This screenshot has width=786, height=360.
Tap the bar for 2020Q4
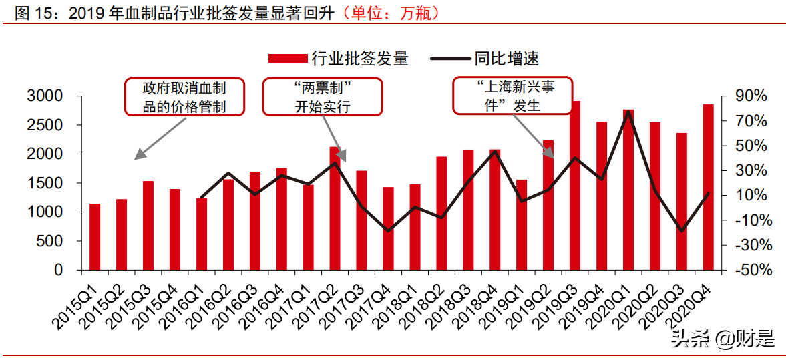[x=708, y=187]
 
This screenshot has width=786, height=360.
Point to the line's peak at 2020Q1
[x=628, y=112]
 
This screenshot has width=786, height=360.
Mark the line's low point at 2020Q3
[x=681, y=231]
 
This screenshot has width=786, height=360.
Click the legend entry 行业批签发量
[x=338, y=59]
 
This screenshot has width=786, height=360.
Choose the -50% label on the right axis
[x=753, y=271]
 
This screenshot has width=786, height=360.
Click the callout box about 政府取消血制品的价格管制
[x=184, y=97]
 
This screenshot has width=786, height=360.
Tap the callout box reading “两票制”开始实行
[x=323, y=97]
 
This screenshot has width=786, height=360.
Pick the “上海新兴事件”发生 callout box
[x=513, y=96]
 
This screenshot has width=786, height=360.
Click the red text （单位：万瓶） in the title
[x=391, y=13]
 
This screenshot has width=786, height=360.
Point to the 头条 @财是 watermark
[x=723, y=339]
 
